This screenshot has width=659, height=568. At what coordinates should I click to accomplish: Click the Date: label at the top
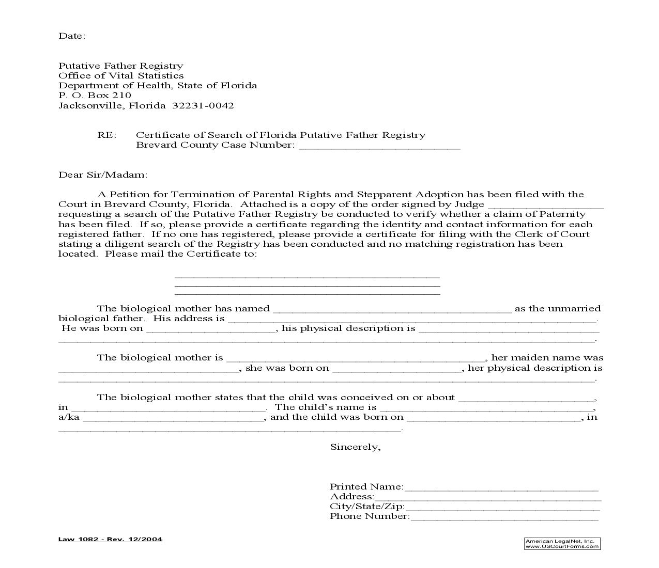coord(71,36)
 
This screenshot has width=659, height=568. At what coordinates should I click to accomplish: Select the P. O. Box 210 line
coord(95,96)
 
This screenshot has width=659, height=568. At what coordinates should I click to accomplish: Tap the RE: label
coord(107,135)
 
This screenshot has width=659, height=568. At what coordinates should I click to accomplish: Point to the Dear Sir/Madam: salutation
coord(103,175)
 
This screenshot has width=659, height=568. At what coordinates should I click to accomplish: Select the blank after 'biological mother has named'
coord(392,310)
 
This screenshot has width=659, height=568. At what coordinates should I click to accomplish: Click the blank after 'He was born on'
coord(211,330)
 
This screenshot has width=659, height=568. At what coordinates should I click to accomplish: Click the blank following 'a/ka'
coord(174,419)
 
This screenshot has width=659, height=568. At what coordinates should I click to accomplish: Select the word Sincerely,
coord(355,447)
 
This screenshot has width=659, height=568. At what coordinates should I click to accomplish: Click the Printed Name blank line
coord(501,488)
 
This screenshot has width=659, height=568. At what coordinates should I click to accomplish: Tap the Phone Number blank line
coord(504,518)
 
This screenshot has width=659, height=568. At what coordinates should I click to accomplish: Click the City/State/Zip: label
coord(367,507)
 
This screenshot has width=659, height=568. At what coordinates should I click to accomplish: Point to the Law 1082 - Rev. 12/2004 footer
coord(110,539)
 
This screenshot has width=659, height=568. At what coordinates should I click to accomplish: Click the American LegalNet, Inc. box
coord(562,543)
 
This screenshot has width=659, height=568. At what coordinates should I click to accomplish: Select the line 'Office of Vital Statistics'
coord(121,76)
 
